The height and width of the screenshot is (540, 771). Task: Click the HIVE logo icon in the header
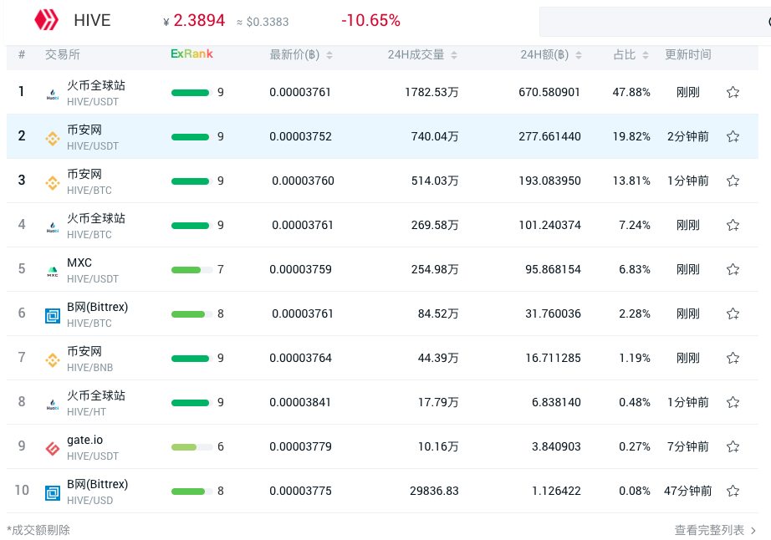coord(46,20)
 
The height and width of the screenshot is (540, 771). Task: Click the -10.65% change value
coord(370,20)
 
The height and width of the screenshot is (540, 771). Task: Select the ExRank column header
coord(191,54)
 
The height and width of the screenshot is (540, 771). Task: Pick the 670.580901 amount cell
coord(549,92)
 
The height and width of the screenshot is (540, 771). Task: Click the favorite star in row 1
coord(733,92)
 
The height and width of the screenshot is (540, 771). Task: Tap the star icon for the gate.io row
coord(733,446)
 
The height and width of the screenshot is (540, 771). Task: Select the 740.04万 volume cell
coord(435,136)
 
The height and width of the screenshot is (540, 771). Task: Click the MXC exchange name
coord(79,262)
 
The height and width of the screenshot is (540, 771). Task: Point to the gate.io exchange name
coord(85,440)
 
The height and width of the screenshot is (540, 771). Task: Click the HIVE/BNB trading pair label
coord(89,368)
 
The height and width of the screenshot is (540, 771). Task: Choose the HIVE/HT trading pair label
coord(87,412)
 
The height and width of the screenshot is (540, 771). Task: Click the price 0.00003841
coord(300,402)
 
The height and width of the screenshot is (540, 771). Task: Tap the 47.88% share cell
coord(631,92)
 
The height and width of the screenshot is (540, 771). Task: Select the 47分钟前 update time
coord(688,491)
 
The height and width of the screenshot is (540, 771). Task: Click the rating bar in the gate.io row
coord(191,446)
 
